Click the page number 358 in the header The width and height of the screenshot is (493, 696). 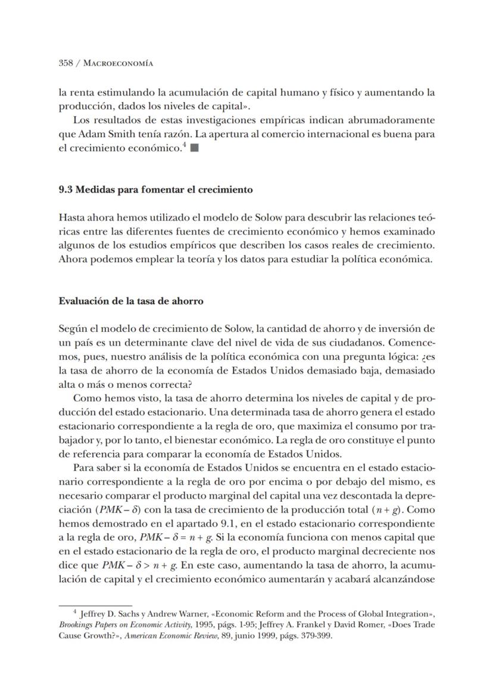pyautogui.click(x=66, y=63)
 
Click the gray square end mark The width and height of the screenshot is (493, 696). pyautogui.click(x=194, y=148)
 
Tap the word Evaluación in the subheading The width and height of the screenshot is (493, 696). pyautogui.click(x=84, y=301)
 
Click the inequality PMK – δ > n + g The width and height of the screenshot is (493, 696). pyautogui.click(x=146, y=565)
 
